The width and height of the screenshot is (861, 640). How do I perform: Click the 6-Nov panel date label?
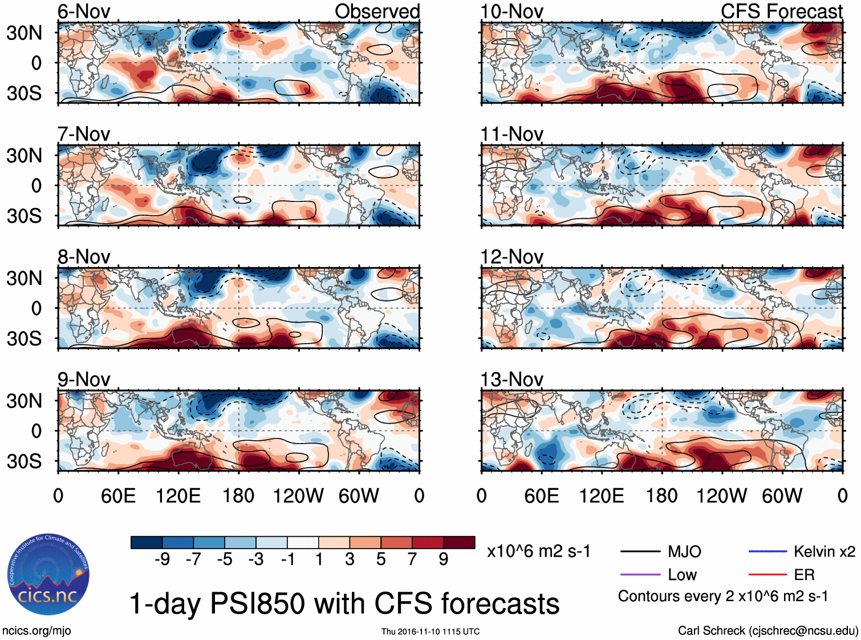point(84,11)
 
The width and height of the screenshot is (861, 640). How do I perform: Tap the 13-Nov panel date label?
point(511,379)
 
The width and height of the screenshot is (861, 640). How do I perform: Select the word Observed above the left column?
point(377,11)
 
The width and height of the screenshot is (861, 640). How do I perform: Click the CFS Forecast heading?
point(781,11)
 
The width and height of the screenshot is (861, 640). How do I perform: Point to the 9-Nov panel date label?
point(84,379)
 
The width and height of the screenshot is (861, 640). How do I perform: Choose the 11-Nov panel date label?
point(511,134)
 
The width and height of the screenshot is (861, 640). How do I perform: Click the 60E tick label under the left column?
point(118,496)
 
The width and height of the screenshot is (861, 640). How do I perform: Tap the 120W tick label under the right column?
point(721,496)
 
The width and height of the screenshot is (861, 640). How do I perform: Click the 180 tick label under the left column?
point(238,496)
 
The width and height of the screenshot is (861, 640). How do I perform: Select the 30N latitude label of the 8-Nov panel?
point(24,278)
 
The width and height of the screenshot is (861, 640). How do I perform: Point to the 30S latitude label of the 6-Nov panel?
point(24,93)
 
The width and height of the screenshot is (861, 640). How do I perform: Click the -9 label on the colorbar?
point(162,559)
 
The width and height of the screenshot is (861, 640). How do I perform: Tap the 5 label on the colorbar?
point(381,559)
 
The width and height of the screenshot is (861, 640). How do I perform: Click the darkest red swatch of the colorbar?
point(459,542)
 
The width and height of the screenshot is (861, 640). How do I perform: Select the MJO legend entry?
point(684,552)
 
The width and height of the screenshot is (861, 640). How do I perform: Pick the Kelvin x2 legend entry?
point(824,552)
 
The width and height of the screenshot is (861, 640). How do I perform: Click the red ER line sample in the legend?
point(767,574)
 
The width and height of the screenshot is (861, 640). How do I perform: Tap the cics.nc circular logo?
point(48,575)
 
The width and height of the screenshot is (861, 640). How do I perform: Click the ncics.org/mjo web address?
point(36,630)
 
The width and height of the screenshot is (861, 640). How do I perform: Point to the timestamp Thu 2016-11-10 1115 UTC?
point(431,631)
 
